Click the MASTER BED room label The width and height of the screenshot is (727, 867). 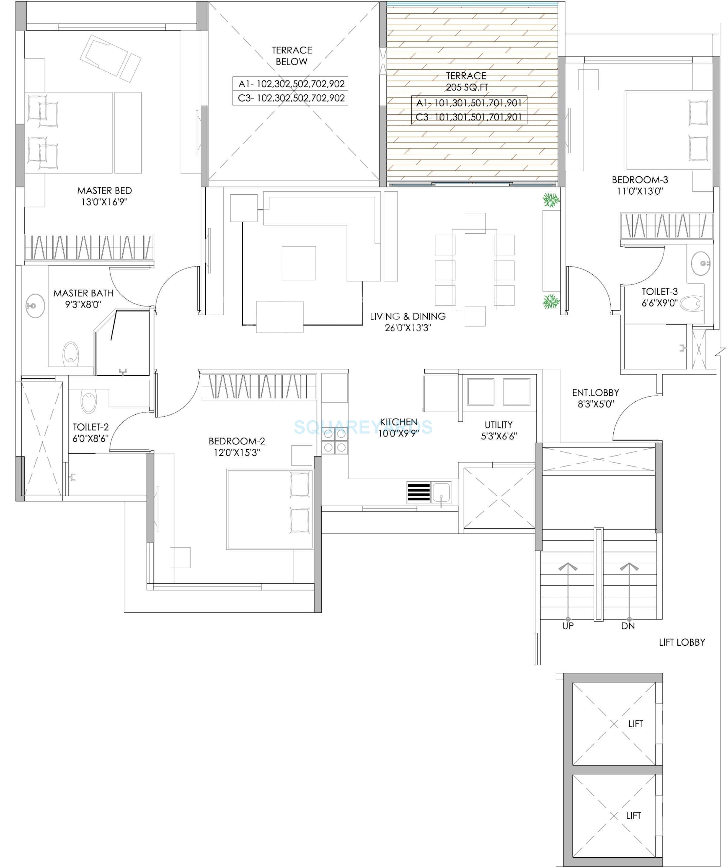click(105, 191)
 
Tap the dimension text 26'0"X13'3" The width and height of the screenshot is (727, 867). click(408, 328)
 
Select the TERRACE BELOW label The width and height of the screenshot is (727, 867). click(292, 56)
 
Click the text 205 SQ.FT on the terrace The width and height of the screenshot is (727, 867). click(467, 87)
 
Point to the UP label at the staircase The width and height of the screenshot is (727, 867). click(568, 626)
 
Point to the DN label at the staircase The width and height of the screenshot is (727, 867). click(628, 626)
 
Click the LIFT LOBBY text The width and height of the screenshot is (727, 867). click(682, 642)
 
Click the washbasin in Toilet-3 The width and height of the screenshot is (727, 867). click(701, 263)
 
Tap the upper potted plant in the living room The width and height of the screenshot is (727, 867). click(551, 201)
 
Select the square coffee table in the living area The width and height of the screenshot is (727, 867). click(299, 263)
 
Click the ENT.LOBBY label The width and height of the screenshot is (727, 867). click(595, 393)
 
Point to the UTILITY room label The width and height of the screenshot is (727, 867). click(499, 424)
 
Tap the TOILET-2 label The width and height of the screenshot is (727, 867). click(91, 427)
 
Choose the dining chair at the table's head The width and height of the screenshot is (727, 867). click(475, 223)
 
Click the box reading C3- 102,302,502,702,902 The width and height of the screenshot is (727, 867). click(290, 98)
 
